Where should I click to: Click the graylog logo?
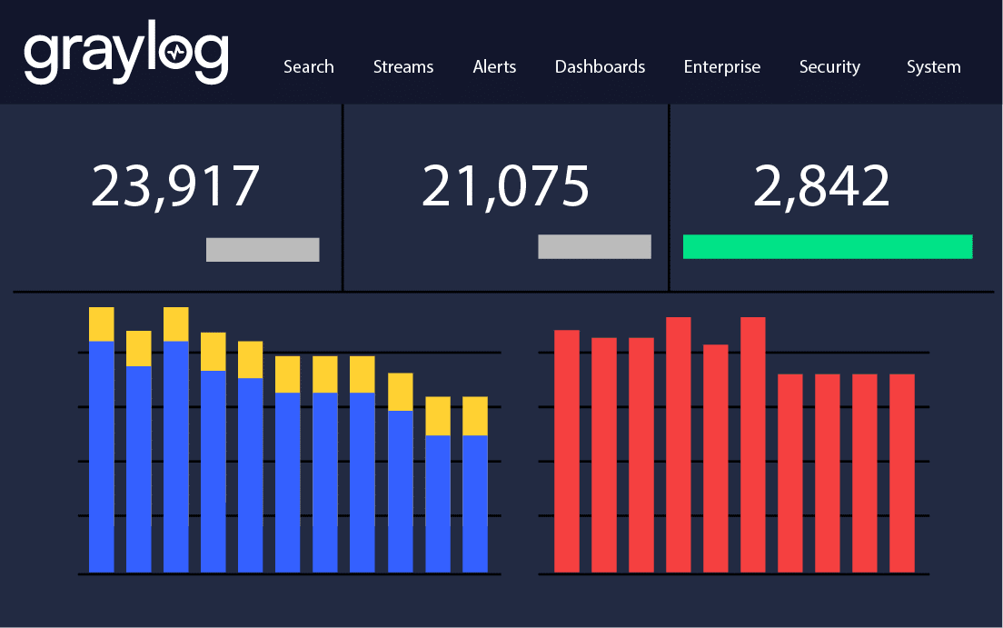[125, 56]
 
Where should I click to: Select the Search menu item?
[309, 67]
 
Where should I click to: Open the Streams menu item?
[403, 67]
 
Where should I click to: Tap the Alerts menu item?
[494, 67]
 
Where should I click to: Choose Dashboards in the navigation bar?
[600, 67]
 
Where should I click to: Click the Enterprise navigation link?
[722, 67]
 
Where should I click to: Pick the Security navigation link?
[829, 67]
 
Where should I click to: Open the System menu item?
[933, 67]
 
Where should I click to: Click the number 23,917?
[175, 186]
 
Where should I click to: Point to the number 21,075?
[505, 186]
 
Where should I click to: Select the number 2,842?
[821, 186]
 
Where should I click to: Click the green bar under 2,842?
[827, 246]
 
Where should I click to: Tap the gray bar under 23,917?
[263, 250]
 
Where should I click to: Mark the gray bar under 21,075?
[594, 246]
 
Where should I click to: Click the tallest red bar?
[678, 444]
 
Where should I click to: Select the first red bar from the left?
[567, 451]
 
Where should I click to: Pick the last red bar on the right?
[901, 473]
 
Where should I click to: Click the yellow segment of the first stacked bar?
[102, 324]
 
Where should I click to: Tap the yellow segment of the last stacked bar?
[475, 416]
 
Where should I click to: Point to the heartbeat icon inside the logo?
[177, 54]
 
